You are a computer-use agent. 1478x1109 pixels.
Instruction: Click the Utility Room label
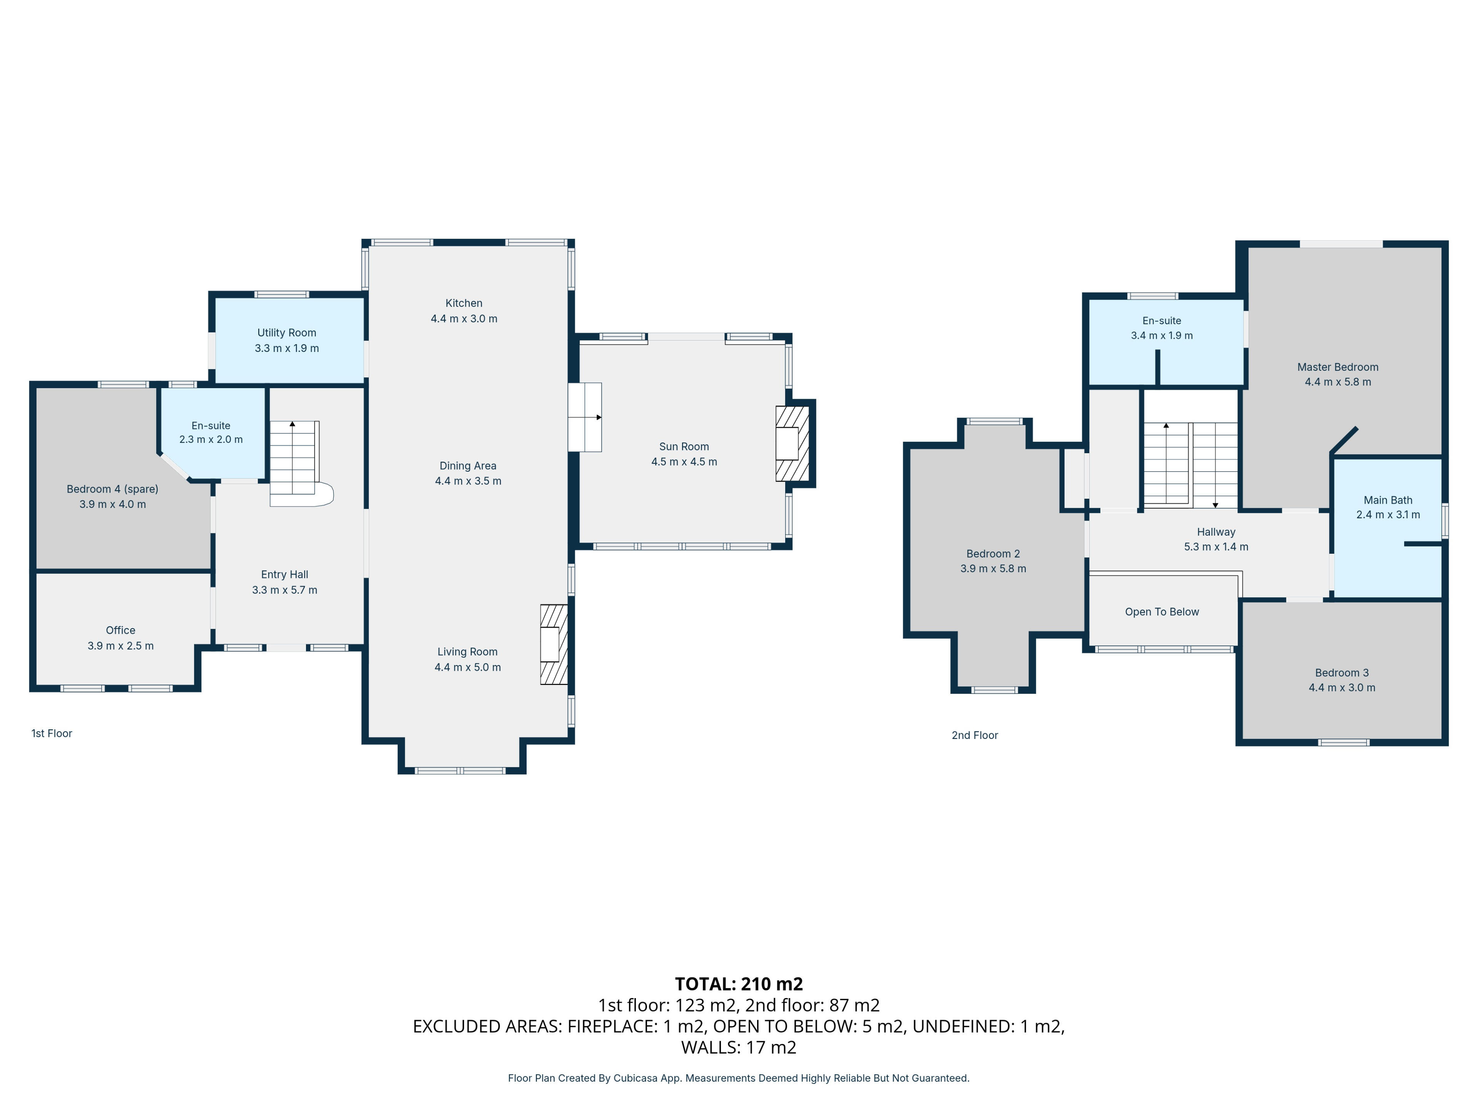(287, 333)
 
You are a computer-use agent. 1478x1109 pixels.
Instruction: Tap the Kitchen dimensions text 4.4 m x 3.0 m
(464, 319)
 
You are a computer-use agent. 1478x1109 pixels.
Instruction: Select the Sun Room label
(684, 447)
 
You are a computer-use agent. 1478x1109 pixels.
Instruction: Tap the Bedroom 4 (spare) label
(112, 489)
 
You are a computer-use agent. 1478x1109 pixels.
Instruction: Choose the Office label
(120, 630)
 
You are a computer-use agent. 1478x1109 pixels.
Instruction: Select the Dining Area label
(468, 466)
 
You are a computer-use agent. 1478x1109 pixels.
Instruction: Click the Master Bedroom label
(1338, 367)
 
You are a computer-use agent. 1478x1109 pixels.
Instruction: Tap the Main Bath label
(1388, 500)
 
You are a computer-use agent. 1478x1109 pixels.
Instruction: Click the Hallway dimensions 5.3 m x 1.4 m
(1216, 547)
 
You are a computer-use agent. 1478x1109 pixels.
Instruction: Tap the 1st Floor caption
(52, 733)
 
